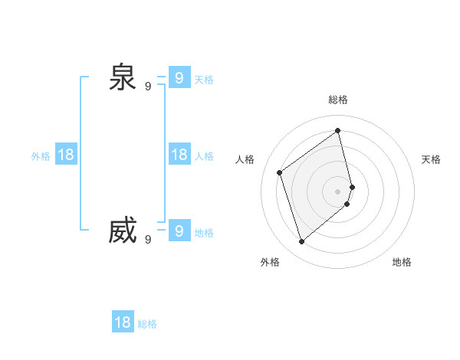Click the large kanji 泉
123,77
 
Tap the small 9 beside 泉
148,87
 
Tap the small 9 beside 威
148,240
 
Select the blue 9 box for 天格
179,77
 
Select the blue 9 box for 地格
179,231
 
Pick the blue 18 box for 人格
179,155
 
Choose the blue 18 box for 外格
66,155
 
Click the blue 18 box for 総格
123,322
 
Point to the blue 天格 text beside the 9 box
204,80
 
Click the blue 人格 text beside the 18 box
204,156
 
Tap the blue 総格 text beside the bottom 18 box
147,324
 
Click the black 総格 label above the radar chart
338,100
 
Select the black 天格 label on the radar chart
431,159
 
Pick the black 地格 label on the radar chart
402,262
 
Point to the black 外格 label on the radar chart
270,262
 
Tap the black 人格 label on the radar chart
245,159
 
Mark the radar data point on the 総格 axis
338,130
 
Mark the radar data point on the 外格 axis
302,242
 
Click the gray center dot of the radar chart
338,191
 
